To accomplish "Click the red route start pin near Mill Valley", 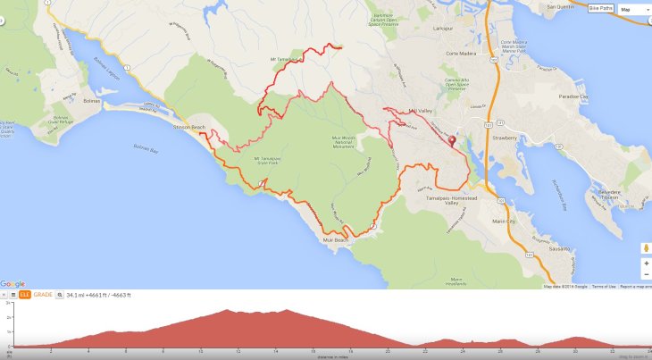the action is (451, 141).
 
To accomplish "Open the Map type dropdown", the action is (634, 9).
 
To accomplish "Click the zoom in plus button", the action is (645, 264).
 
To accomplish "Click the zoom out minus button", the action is (645, 275).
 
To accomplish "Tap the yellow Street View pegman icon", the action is (645, 247).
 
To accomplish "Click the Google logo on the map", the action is (13, 284).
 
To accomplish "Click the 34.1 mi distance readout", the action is (78, 295).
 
